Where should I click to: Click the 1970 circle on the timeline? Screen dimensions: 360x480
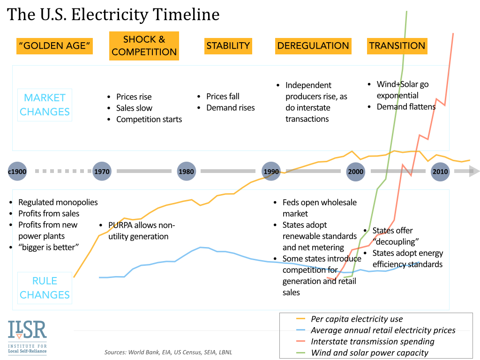click(102, 172)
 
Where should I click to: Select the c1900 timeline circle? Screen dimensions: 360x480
click(17, 172)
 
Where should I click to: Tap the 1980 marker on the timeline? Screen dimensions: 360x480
click(186, 172)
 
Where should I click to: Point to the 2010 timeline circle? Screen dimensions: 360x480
click(440, 172)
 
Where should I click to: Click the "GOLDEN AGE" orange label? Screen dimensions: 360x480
click(54, 46)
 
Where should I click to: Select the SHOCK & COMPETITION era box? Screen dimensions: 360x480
click(144, 46)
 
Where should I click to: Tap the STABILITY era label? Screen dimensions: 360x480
click(228, 46)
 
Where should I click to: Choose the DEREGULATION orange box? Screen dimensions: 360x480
click(313, 46)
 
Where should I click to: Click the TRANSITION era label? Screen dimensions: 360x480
click(397, 46)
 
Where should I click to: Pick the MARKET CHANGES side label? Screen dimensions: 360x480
click(45, 105)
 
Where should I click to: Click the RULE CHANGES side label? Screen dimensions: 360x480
click(45, 288)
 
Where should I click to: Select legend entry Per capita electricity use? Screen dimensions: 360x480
click(357, 319)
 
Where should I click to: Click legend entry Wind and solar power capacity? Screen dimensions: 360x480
click(370, 353)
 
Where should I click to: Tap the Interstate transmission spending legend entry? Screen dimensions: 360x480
click(373, 342)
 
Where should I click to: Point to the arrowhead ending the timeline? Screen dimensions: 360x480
click(474, 172)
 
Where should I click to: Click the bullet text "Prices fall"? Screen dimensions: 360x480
click(223, 97)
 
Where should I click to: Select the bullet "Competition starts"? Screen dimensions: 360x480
click(149, 119)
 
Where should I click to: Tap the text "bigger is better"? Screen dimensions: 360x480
click(48, 247)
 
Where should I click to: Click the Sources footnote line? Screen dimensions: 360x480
click(168, 352)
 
